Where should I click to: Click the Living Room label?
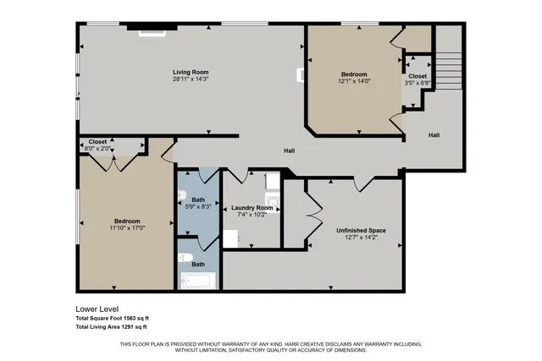[x=191, y=73]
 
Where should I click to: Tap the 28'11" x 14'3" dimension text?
[x=191, y=79]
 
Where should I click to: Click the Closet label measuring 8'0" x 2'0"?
[x=97, y=142]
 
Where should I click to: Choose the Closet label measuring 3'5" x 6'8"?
[x=418, y=77]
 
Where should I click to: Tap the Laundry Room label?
[x=252, y=208]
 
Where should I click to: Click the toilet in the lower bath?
[x=185, y=258]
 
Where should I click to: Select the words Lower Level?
[x=95, y=309]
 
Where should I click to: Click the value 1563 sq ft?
[x=131, y=318]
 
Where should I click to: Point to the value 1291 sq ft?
[x=131, y=326]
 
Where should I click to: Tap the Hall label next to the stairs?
[x=434, y=135]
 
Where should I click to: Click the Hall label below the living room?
[x=289, y=150]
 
